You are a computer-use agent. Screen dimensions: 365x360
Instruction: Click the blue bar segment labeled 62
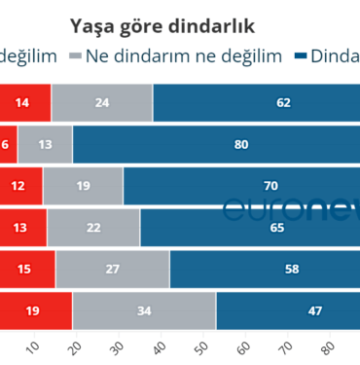(x=257, y=102)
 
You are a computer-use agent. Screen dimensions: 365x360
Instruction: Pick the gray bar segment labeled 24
(x=102, y=102)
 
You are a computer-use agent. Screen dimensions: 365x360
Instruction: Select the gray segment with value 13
(x=45, y=144)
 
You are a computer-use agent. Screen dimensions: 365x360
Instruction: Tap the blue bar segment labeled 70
(x=241, y=186)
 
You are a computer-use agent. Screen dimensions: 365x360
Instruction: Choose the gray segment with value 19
(x=83, y=186)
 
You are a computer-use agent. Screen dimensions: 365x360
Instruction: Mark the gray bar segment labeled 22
(x=93, y=228)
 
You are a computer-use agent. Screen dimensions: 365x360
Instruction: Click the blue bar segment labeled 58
(x=265, y=270)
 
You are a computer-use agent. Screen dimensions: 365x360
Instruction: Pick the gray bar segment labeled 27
(x=112, y=270)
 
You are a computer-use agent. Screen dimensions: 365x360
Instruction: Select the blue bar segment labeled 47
(x=288, y=311)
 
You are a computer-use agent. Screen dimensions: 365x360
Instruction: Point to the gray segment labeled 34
(x=144, y=311)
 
